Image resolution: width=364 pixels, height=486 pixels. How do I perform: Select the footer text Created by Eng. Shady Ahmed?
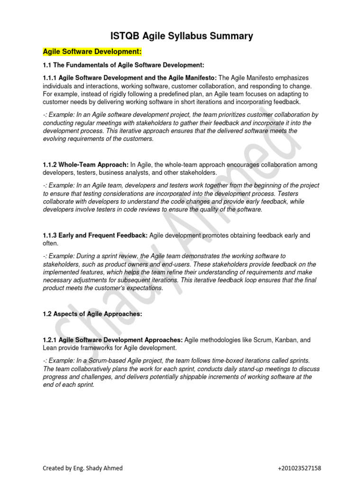click(82, 468)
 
